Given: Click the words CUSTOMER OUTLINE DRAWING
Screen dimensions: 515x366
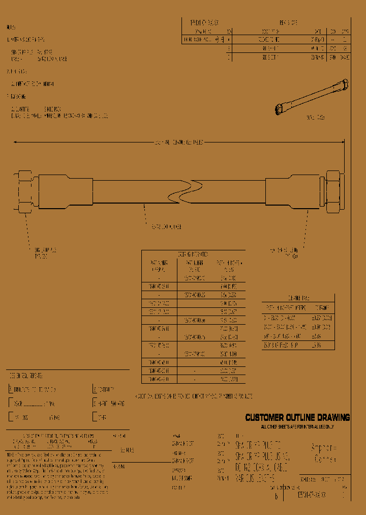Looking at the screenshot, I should point(297,418).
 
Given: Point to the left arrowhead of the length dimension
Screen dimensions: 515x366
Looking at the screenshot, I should point(15,142).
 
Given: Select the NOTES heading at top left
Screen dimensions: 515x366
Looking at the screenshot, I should point(11,27).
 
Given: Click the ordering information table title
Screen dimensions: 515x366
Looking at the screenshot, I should point(193,254).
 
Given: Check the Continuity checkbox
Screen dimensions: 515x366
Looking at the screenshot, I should point(95,390).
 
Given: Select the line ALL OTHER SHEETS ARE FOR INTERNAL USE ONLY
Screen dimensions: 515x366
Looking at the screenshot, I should point(297,426).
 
